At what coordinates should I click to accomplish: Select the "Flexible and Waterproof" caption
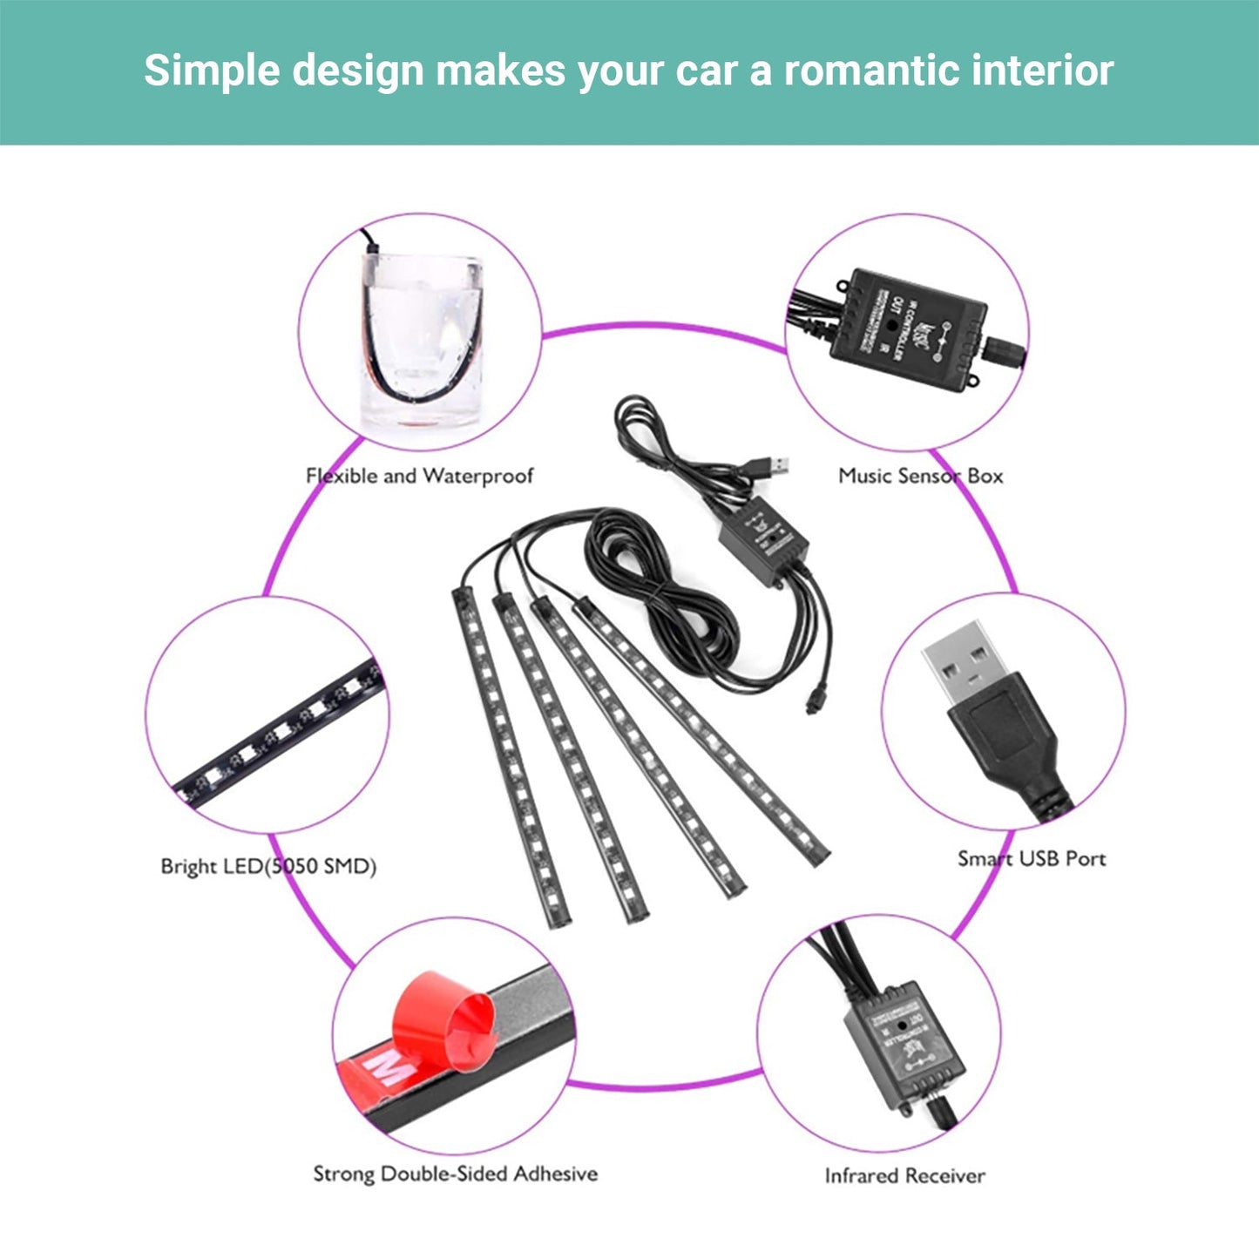(x=419, y=476)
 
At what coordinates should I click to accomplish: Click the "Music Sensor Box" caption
(x=920, y=476)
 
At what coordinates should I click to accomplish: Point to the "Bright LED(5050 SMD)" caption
(x=268, y=866)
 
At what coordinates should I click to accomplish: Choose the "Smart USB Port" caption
(x=1032, y=858)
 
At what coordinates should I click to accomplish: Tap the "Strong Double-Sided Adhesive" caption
(x=455, y=1174)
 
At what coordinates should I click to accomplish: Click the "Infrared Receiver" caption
(x=904, y=1175)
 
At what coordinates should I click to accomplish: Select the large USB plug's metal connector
(x=965, y=662)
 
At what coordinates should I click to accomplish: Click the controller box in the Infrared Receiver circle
(x=904, y=1046)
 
